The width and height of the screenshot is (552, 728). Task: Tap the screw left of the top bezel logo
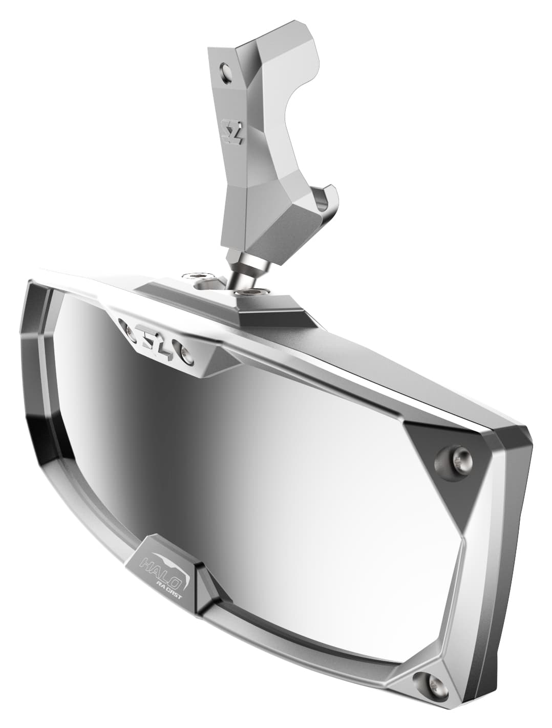[x=124, y=326]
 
